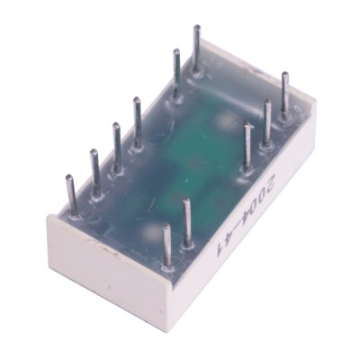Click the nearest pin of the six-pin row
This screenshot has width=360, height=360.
pos(72,195)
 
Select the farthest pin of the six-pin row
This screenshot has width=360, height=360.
pos(196,49)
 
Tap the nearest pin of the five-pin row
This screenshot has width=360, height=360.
pos(166,246)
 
